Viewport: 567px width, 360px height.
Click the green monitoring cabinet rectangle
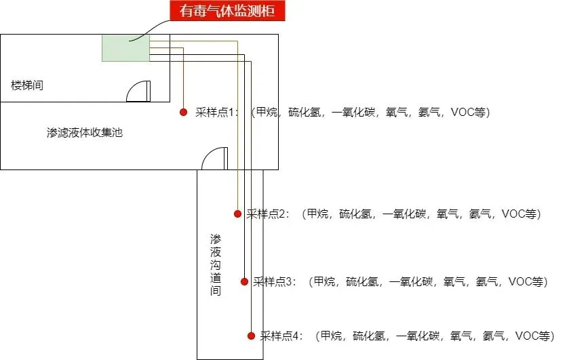click(x=125, y=48)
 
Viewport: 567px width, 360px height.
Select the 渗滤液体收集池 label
click(x=85, y=133)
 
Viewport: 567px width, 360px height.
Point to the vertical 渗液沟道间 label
click(x=216, y=265)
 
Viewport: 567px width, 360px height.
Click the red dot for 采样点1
click(x=182, y=113)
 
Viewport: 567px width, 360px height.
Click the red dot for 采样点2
click(x=237, y=214)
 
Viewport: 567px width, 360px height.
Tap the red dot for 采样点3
click(x=244, y=281)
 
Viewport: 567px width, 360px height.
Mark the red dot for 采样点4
click(x=251, y=335)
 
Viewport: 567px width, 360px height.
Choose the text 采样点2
click(x=268, y=214)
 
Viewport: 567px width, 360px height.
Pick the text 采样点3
click(x=275, y=281)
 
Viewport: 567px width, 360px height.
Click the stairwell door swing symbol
click(x=139, y=92)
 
